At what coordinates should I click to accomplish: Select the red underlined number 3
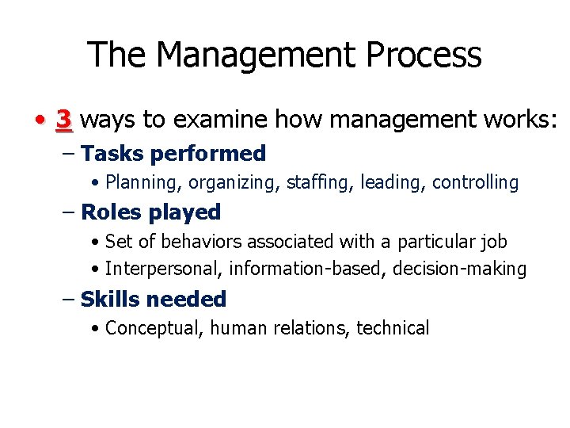tap(64, 120)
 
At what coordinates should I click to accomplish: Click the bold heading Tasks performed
tap(173, 153)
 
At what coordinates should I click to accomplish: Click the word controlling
tap(475, 183)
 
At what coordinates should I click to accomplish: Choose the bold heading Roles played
tap(150, 212)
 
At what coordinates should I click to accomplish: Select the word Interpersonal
tap(163, 269)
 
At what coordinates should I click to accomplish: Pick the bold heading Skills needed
tap(154, 299)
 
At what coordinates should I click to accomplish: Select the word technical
tap(393, 328)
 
